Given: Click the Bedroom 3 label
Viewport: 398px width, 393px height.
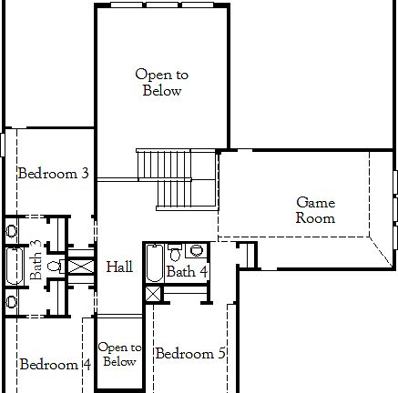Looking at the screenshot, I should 53,173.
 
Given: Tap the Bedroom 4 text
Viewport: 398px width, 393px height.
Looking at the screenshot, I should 55,365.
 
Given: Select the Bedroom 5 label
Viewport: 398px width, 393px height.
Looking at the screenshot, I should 189,353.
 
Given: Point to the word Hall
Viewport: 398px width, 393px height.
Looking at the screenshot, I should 119,267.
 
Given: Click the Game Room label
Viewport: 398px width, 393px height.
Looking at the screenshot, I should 315,210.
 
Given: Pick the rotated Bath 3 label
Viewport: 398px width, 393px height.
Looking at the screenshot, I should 36,259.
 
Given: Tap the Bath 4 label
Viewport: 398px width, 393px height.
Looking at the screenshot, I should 187,271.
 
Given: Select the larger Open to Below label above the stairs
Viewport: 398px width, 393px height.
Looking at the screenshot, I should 162,82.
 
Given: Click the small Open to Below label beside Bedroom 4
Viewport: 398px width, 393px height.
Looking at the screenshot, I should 119,354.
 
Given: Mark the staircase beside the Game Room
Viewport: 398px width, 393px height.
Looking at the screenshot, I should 176,178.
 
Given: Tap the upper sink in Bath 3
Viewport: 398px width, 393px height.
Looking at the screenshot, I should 11,231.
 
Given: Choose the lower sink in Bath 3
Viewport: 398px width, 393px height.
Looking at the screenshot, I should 11,301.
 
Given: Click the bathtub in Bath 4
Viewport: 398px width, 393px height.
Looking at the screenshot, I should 154,264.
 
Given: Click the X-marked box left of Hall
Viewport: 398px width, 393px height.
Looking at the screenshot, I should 81,267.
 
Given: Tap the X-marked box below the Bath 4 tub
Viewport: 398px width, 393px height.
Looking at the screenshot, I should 152,293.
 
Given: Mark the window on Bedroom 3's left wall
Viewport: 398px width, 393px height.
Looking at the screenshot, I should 3,145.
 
